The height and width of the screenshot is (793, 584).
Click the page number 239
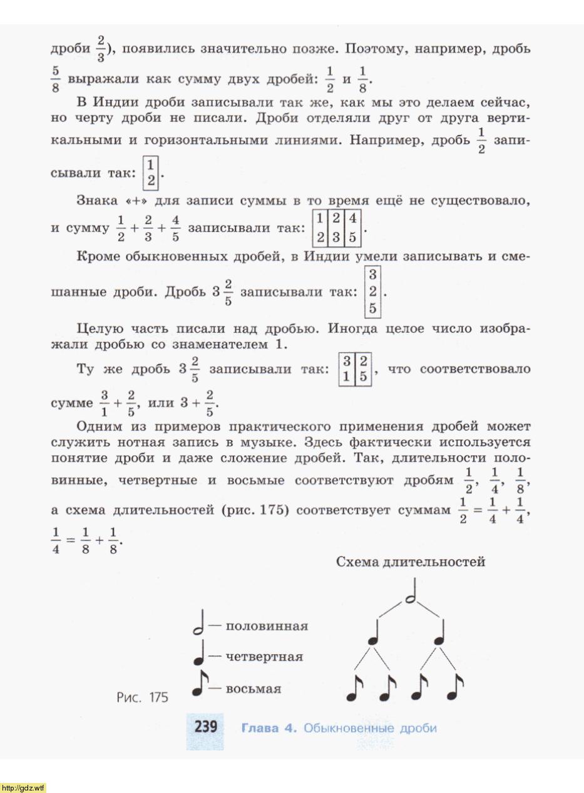tap(205, 727)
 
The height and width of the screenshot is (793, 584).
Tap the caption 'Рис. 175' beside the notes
tap(142, 697)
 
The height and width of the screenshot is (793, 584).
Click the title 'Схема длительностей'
tap(410, 562)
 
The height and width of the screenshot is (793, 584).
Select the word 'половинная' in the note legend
tap(267, 626)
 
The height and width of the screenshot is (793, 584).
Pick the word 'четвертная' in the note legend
tap(264, 657)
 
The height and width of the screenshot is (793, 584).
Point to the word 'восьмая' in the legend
tap(253, 689)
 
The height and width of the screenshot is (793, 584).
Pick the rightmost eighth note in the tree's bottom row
tap(455, 688)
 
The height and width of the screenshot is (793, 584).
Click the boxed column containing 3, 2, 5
tap(372, 291)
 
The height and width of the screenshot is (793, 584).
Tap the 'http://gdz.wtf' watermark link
tap(23, 787)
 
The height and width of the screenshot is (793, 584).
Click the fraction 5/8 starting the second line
tap(55, 79)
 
